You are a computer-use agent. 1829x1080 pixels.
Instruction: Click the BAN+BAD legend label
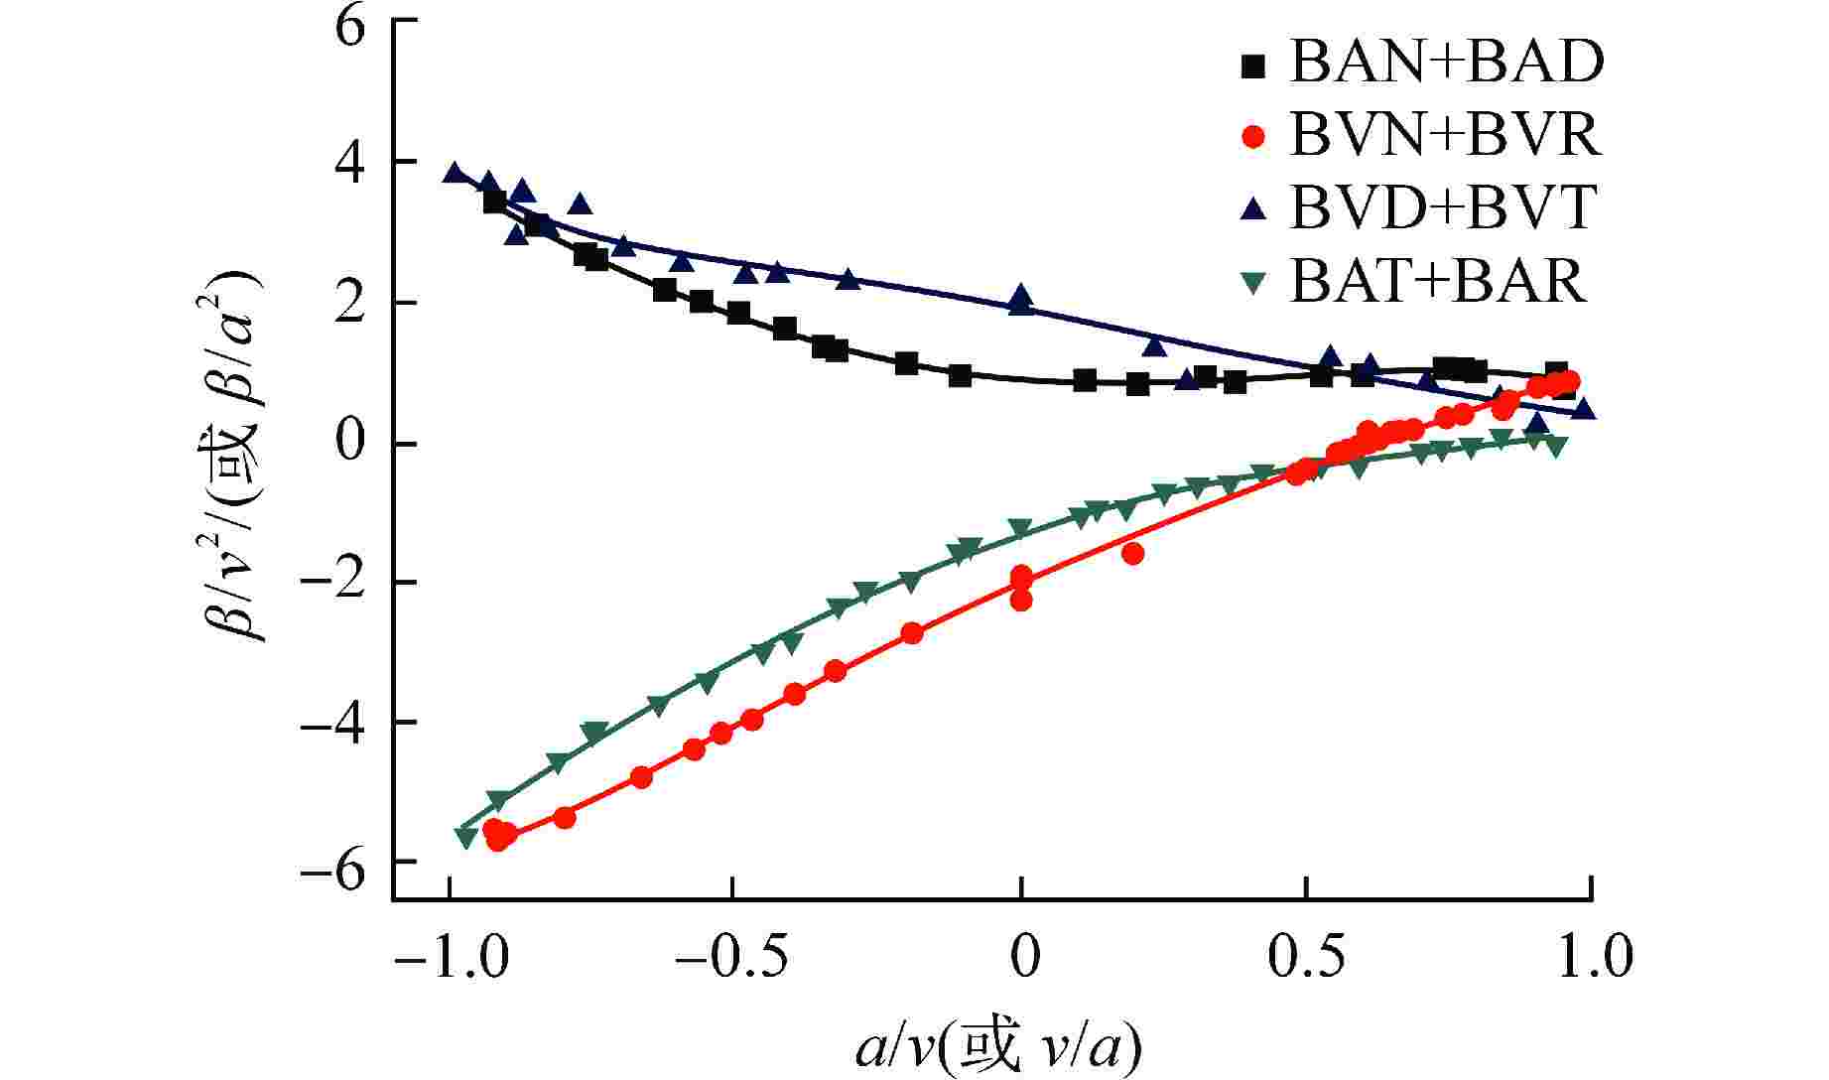pyautogui.click(x=1446, y=63)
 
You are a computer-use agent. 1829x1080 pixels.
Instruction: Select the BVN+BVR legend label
pyautogui.click(x=1445, y=135)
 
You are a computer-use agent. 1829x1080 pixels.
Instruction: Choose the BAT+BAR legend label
pyautogui.click(x=1438, y=282)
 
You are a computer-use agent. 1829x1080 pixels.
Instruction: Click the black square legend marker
pyautogui.click(x=1254, y=66)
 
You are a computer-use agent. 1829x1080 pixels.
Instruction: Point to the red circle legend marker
pyautogui.click(x=1254, y=137)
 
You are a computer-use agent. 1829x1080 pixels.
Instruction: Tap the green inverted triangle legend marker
pyautogui.click(x=1254, y=284)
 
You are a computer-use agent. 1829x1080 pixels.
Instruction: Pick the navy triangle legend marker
pyautogui.click(x=1254, y=208)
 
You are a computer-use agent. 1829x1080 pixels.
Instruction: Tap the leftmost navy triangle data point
pyautogui.click(x=455, y=173)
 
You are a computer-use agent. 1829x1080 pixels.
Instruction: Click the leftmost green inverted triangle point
pyautogui.click(x=466, y=836)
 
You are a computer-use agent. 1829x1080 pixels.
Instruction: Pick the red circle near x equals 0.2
pyautogui.click(x=1133, y=553)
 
